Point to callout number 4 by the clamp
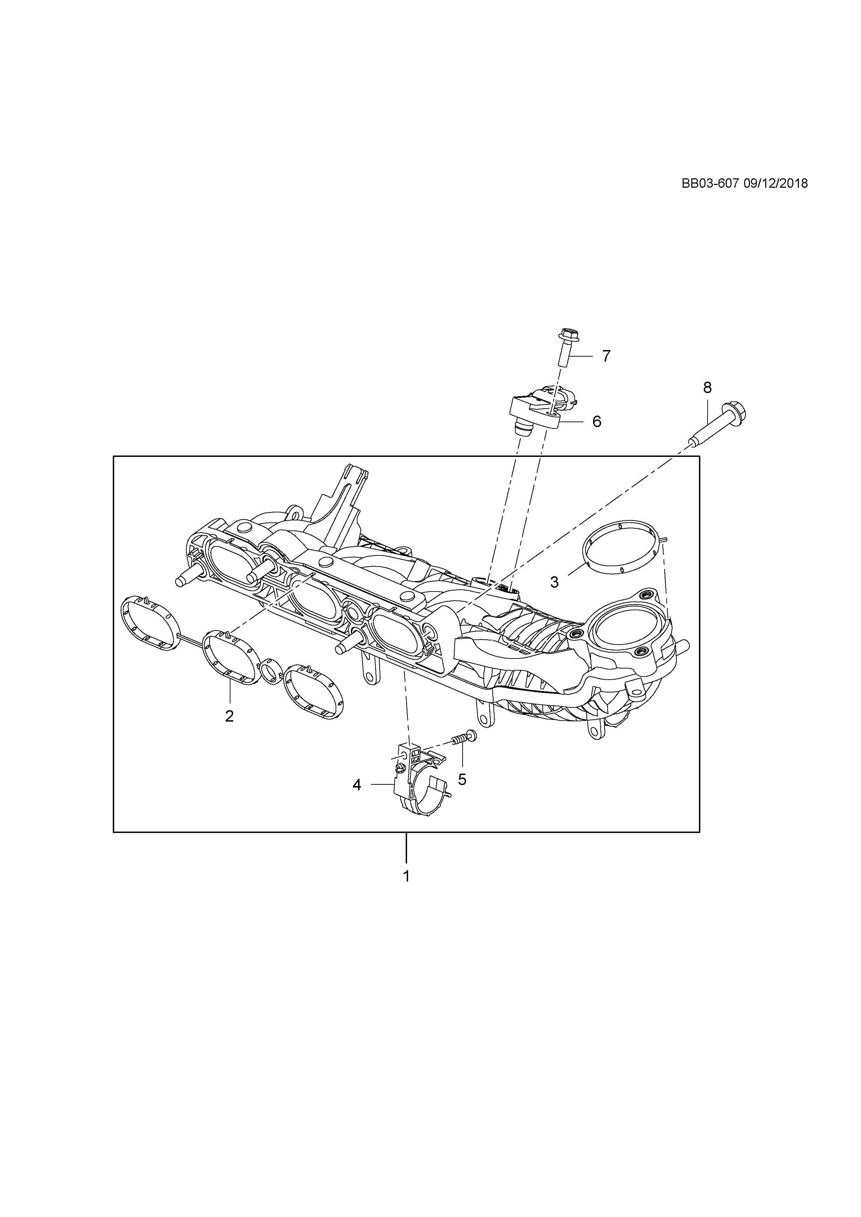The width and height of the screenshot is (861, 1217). click(x=357, y=800)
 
